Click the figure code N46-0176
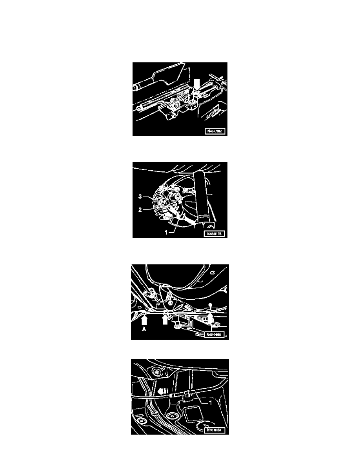click(215, 234)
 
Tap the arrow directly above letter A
click(144, 320)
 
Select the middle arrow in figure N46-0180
click(165, 320)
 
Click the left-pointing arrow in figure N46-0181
click(163, 391)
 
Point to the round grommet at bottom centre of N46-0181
click(171, 416)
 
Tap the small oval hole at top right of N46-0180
click(212, 272)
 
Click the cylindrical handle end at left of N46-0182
click(137, 86)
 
